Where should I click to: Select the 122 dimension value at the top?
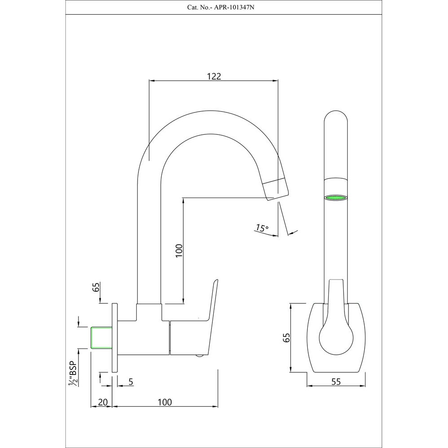[x=214, y=76]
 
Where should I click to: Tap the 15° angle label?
[x=261, y=228]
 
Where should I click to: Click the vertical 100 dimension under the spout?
[x=178, y=252]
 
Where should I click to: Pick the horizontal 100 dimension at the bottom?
[x=165, y=402]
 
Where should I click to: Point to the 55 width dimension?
[x=336, y=381]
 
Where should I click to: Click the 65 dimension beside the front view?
[x=287, y=337]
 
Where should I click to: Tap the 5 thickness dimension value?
[x=130, y=381]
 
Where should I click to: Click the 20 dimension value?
[x=103, y=402]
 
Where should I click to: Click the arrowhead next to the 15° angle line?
[x=293, y=232]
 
